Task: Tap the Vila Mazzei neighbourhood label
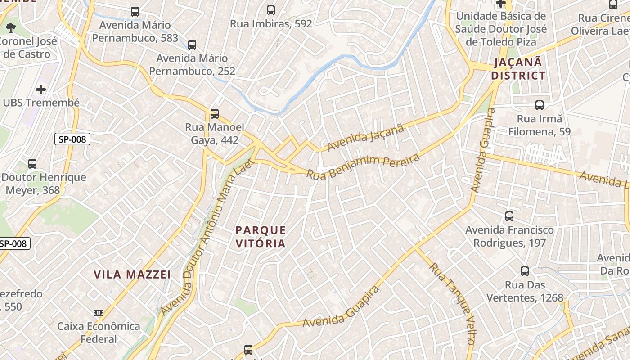[x=132, y=274]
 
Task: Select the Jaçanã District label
[x=518, y=69]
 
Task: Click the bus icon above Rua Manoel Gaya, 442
[x=215, y=114]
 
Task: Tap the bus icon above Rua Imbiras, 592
[x=271, y=10]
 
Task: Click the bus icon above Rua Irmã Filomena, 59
[x=539, y=105]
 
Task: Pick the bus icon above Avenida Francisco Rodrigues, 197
[x=509, y=216]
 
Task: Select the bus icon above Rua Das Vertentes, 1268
[x=525, y=271]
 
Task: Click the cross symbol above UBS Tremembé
[x=41, y=89]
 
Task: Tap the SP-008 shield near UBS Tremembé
[x=72, y=139]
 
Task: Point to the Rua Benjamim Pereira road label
[x=363, y=166]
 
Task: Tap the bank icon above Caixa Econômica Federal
[x=99, y=313]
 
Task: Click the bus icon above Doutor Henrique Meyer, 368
[x=32, y=164]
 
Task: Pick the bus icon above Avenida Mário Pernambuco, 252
[x=192, y=45]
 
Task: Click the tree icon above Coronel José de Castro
[x=11, y=28]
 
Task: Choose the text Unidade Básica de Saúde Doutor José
[x=501, y=22]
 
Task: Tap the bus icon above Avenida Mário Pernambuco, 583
[x=135, y=12]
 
